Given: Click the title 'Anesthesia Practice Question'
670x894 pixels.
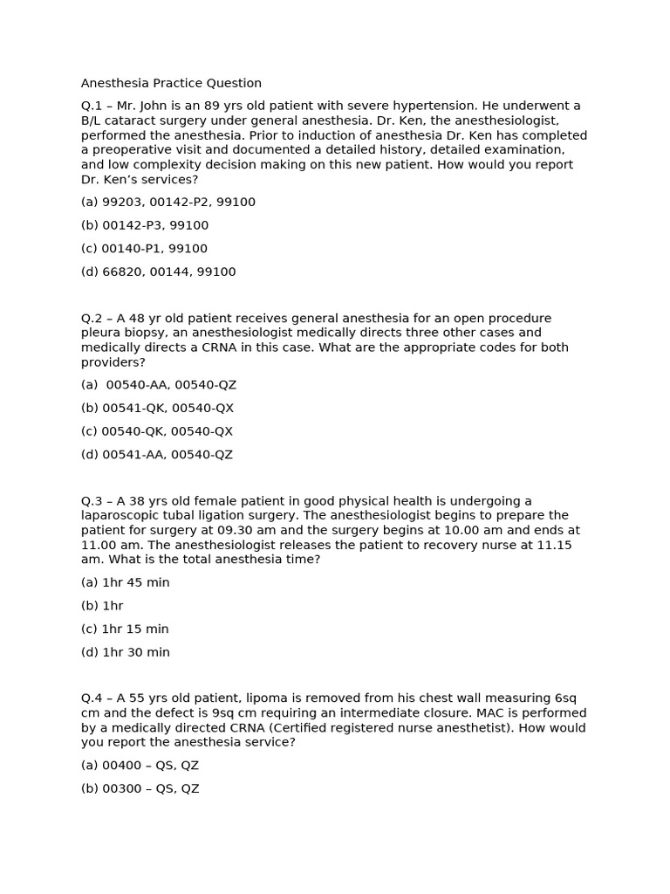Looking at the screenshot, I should (171, 84).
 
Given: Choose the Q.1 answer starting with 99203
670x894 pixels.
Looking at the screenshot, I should (168, 203).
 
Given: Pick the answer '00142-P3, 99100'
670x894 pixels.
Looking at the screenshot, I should (145, 225).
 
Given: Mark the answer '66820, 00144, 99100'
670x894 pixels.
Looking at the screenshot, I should (159, 272).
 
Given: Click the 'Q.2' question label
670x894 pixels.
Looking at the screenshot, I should (92, 319).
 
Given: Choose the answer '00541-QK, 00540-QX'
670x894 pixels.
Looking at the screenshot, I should (157, 409).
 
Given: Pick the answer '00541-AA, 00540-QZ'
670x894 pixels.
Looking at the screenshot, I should (157, 455).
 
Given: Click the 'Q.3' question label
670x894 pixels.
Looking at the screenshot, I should (92, 501).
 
